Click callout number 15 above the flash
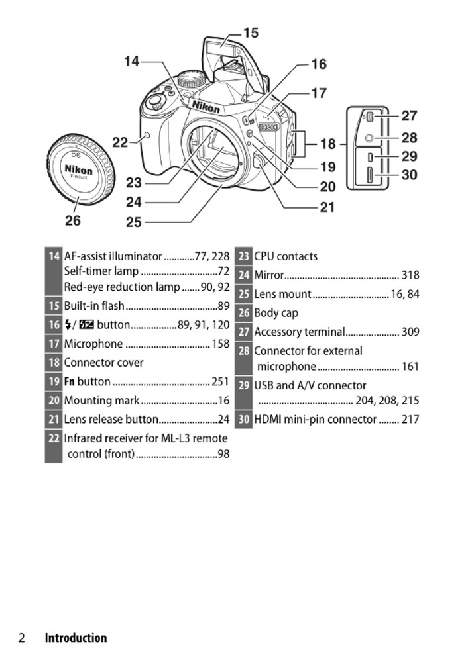(251, 33)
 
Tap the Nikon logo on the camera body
(206, 107)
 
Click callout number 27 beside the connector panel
(409, 116)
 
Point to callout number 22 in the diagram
(119, 142)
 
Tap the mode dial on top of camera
(192, 79)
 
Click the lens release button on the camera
(258, 160)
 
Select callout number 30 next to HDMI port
(409, 175)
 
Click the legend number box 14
(54, 256)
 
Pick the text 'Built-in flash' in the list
(94, 306)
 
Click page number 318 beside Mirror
(410, 275)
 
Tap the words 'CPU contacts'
(286, 256)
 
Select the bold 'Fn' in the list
(70, 382)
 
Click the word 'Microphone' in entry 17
(93, 344)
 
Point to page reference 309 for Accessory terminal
(410, 332)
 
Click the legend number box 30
(244, 419)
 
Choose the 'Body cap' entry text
(276, 313)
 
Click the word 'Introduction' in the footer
(76, 638)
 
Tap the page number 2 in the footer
(22, 638)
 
